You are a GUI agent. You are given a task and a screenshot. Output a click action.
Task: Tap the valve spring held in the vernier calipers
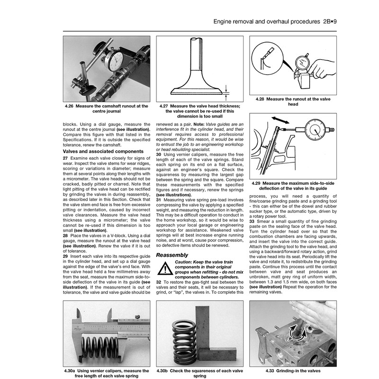[x=101, y=349]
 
